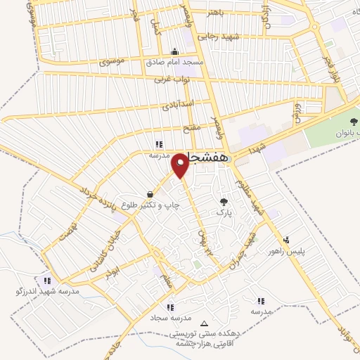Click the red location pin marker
point(181,166)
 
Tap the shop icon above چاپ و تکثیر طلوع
point(150,194)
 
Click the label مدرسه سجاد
point(169,316)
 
